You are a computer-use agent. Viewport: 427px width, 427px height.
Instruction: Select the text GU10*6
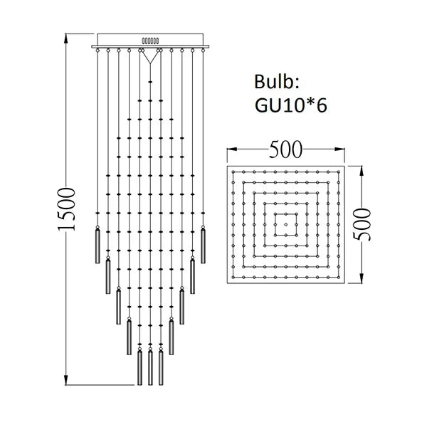coord(290,105)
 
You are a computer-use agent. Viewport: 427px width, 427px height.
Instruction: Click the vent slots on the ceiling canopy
coord(151,41)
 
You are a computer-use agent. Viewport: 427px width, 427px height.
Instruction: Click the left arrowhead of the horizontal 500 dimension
coord(229,150)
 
